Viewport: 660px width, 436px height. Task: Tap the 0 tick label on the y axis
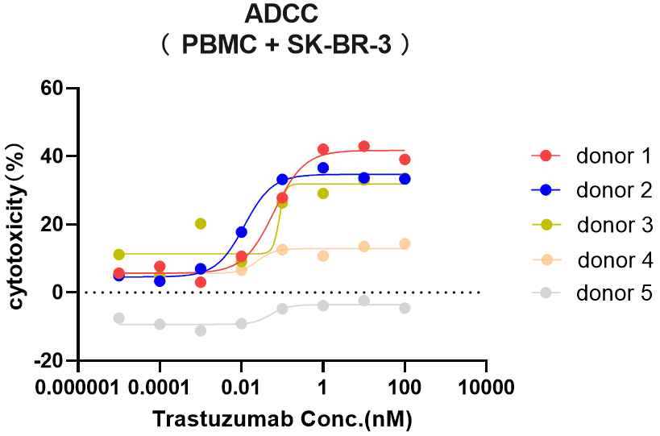click(58, 292)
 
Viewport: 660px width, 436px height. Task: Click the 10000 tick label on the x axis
click(486, 388)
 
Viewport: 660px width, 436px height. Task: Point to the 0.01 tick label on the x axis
click(241, 388)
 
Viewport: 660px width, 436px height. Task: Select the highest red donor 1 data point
click(364, 147)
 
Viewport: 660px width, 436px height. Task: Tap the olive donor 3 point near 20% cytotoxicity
click(201, 223)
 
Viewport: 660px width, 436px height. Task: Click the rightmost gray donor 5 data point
click(405, 308)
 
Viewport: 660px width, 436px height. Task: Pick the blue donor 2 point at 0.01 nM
click(242, 232)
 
